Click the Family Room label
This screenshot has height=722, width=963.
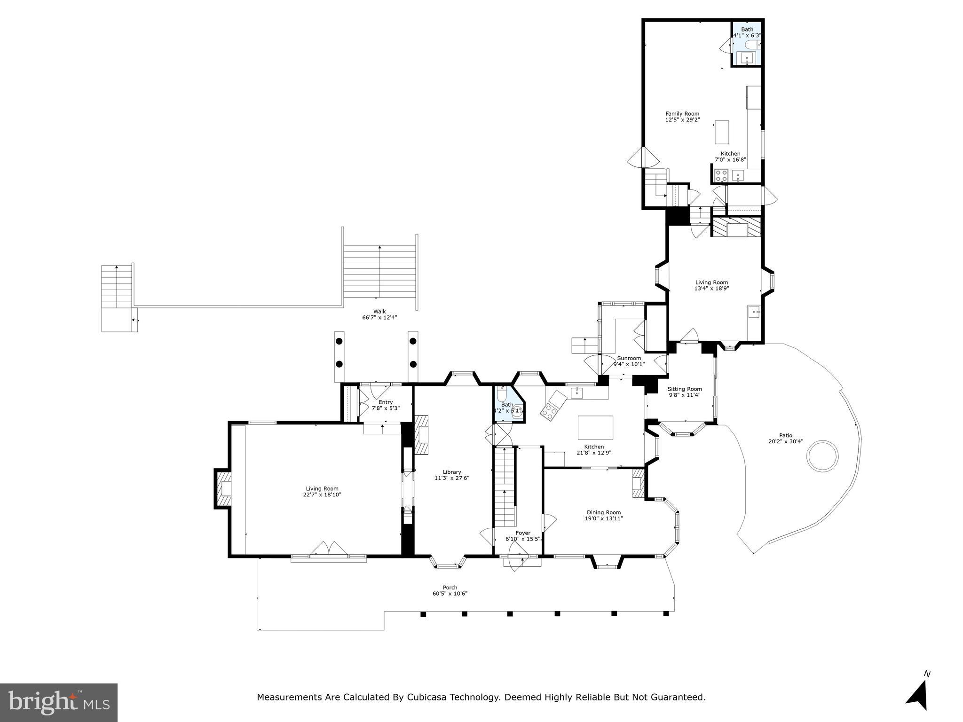(682, 113)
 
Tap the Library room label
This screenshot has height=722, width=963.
(451, 472)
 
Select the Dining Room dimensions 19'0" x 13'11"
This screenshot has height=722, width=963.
(603, 518)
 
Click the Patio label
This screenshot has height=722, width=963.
(785, 435)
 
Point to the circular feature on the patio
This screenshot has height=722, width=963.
(822, 455)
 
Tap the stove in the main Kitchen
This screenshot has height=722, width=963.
(549, 412)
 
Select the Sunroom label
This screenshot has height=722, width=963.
(629, 358)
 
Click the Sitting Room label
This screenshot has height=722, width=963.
(684, 389)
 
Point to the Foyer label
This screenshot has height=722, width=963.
(522, 533)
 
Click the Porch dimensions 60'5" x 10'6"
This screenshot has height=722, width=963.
(450, 594)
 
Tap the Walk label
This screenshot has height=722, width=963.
(379, 311)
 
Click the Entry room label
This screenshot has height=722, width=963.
(385, 402)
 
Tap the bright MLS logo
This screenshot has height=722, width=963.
(59, 702)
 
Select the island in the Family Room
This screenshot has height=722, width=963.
(722, 132)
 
